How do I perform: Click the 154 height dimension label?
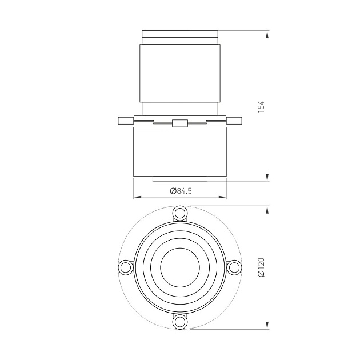point(261,107)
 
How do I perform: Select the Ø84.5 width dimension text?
point(180,191)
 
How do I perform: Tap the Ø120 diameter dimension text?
point(261,267)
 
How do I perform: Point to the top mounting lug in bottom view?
point(180,213)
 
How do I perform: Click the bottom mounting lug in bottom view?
point(180,322)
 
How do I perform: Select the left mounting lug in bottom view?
point(126,267)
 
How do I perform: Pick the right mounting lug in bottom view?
point(234,267)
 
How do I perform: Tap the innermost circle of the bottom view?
point(180,267)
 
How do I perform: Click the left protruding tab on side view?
point(125,121)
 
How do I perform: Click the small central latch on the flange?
point(180,122)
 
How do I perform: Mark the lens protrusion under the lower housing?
point(180,179)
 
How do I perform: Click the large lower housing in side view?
point(180,151)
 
